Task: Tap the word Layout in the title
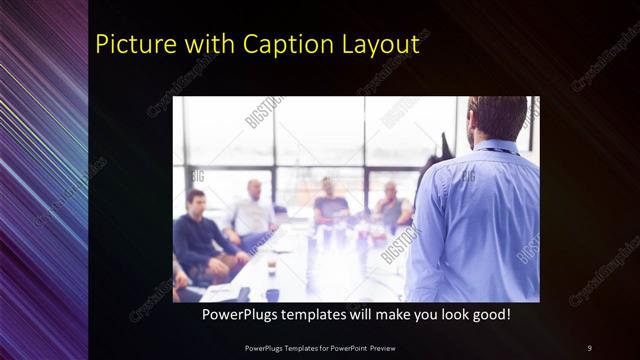(x=380, y=45)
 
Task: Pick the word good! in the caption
(x=490, y=314)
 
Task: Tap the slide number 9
(x=589, y=347)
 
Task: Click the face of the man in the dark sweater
(x=196, y=201)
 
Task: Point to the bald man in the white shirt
(x=253, y=210)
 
